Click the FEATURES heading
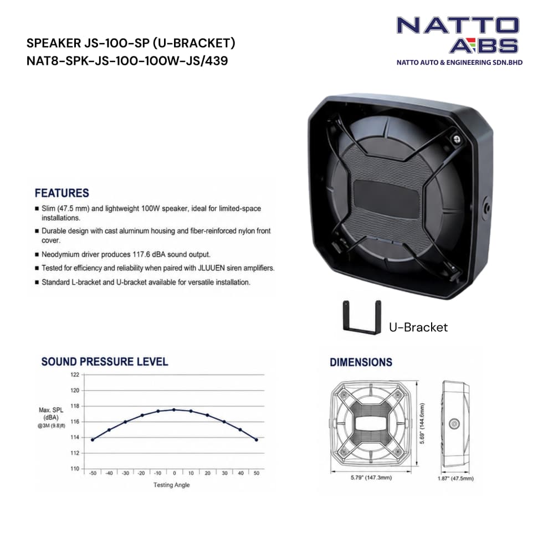[x=62, y=193]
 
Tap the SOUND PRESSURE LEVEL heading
[x=105, y=361]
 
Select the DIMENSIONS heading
[x=361, y=362]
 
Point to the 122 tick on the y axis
[x=75, y=375]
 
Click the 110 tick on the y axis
[x=75, y=469]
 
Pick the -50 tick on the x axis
[x=93, y=473]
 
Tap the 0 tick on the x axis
[x=174, y=473]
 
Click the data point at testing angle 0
[x=174, y=409]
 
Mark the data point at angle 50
[x=256, y=440]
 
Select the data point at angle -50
[x=92, y=440]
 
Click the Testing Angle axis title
[x=171, y=485]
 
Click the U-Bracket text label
[x=418, y=327]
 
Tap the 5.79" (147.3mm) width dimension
[x=371, y=478]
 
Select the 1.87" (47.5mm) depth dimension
[x=455, y=478]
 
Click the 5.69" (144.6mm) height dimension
[x=422, y=423]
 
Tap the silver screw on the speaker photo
[x=457, y=139]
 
